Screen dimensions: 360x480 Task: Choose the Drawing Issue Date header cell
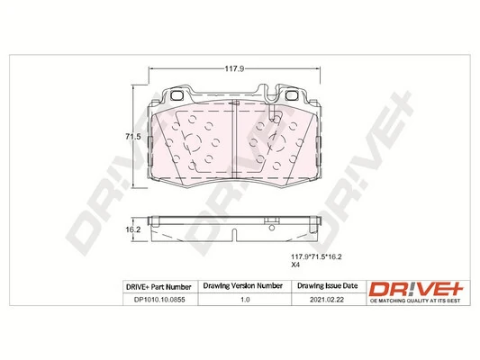327,286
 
